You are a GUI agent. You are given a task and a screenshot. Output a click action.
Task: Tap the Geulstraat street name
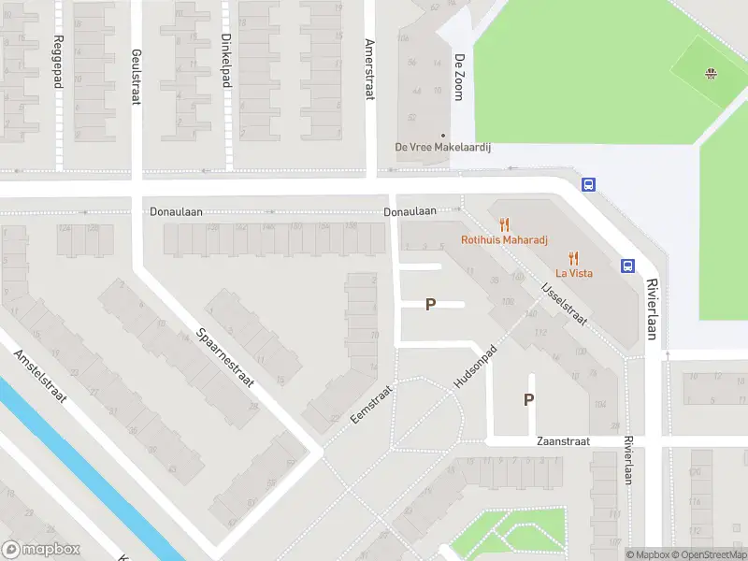(137, 77)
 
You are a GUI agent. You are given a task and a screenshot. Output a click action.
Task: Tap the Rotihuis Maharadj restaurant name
(505, 239)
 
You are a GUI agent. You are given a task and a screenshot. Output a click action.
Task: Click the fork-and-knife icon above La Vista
(574, 258)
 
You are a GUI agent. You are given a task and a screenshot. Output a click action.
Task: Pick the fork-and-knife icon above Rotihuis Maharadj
(505, 224)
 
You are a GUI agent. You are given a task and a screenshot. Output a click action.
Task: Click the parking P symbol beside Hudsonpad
(431, 304)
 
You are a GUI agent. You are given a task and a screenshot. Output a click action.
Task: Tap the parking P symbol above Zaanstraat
(528, 399)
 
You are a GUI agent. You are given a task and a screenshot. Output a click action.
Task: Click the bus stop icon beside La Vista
(627, 266)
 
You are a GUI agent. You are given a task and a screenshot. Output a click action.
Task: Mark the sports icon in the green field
(712, 73)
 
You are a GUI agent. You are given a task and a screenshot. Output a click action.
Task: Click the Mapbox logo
(42, 550)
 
